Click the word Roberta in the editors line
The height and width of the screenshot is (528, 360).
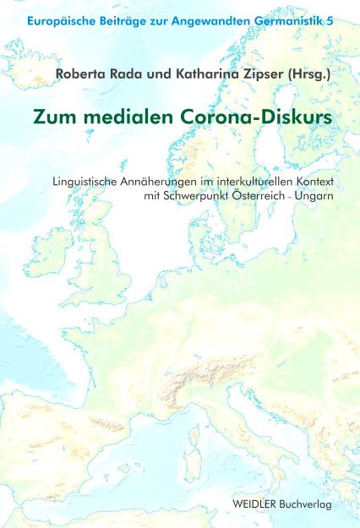click(83, 73)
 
